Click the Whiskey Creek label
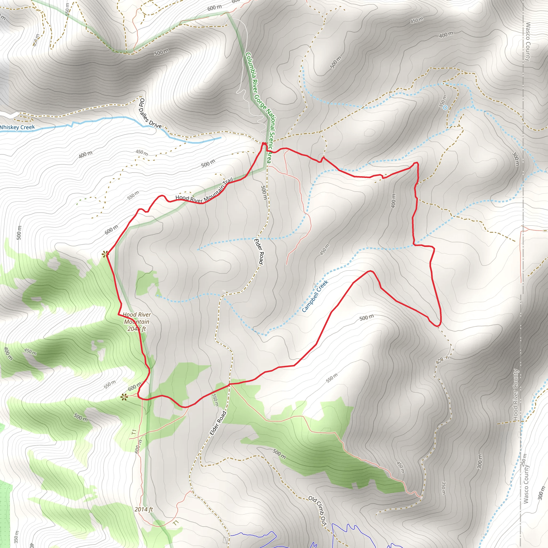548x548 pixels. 17,127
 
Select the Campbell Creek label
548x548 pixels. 315,296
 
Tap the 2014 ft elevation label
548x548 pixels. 143,509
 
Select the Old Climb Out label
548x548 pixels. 318,511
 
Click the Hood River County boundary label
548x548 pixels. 515,395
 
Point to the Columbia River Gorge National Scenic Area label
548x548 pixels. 259,108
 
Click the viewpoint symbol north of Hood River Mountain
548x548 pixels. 105,254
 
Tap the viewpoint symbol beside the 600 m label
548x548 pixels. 124,397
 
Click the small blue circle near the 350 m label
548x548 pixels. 445,108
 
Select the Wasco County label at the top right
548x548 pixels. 528,42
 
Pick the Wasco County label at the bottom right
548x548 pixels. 526,485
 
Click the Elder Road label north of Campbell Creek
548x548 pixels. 259,252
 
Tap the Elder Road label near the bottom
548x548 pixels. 218,423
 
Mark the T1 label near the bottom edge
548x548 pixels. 176,523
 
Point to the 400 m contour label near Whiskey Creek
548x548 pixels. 85,154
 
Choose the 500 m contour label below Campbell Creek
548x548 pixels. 367,318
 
